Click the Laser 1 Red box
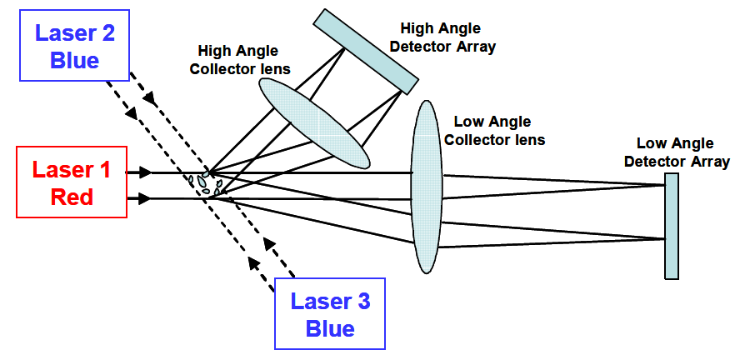pos(71,182)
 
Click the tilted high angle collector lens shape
pos(314,123)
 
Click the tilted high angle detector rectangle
pos(366,51)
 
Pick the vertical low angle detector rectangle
pos(672,226)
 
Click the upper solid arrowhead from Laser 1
pos(146,172)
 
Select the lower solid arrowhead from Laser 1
pos(146,198)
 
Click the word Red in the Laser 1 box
pos(71,197)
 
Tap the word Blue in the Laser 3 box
pos(330,328)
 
